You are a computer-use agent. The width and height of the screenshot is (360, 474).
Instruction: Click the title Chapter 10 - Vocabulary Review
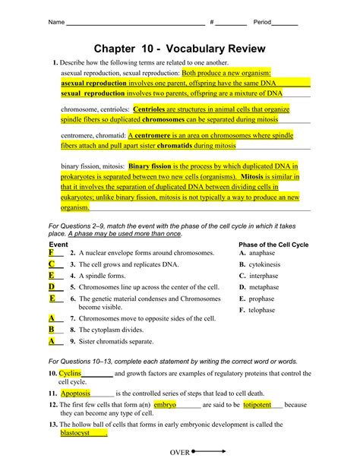point(180,49)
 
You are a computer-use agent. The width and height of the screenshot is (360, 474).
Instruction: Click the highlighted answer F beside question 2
point(51,252)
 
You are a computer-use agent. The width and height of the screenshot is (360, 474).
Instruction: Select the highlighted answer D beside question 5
point(52,287)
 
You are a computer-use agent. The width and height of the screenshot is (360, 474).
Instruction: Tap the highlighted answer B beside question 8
point(52,330)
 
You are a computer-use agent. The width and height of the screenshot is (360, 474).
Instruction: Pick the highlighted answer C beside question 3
point(51,264)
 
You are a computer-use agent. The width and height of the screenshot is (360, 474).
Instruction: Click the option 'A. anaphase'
point(257,252)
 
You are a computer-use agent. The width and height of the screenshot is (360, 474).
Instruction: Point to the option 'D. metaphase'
point(259,287)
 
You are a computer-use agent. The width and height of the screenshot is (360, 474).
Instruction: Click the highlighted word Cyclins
point(70,374)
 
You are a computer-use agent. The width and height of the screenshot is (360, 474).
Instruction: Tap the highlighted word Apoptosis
point(75,393)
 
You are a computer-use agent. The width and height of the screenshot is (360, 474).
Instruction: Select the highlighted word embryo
point(165,406)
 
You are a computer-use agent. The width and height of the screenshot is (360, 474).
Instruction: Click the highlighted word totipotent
point(257,406)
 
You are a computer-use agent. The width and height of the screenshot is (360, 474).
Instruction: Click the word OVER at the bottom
point(179,453)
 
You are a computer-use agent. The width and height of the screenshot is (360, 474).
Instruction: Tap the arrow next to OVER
point(210,451)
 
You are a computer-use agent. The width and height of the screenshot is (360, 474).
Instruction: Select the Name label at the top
point(56,22)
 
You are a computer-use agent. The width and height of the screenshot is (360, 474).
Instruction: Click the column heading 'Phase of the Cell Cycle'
point(273,245)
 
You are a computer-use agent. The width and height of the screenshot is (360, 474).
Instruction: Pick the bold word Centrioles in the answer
point(154,109)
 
